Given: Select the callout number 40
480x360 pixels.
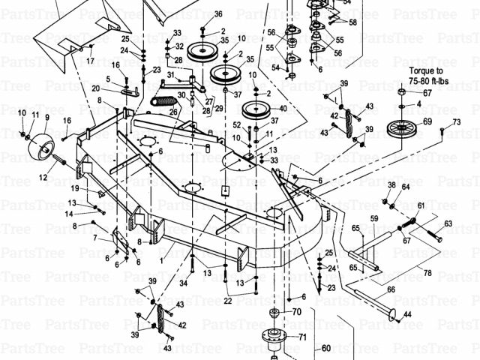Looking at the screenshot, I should (282, 109).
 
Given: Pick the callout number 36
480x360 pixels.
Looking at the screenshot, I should (218, 14).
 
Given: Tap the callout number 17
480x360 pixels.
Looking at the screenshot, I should (91, 61).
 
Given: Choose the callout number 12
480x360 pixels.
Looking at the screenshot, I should (43, 178).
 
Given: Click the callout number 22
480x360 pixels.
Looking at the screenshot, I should (227, 301).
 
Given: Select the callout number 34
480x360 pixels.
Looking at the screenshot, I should (183, 283).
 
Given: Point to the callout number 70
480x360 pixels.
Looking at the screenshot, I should (296, 311).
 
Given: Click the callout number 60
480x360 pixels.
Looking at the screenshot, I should (325, 347).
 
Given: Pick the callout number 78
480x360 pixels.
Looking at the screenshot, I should (427, 272).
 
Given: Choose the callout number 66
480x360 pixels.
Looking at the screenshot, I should (390, 289).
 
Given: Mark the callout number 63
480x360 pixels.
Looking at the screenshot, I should (448, 223).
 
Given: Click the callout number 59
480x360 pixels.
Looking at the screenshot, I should (373, 218).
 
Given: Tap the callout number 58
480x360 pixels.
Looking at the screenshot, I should (352, 22).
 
